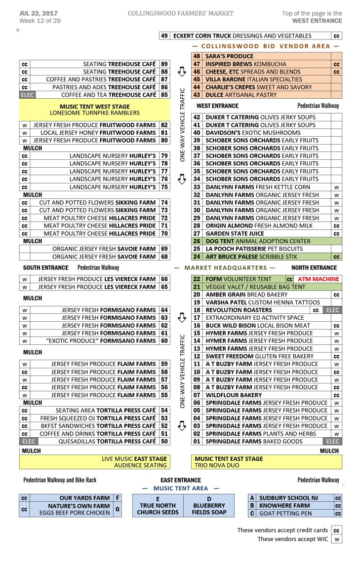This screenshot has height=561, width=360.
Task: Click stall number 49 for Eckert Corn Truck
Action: pyautogui.click(x=164, y=36)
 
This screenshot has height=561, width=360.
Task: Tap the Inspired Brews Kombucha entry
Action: pyautogui.click(x=245, y=64)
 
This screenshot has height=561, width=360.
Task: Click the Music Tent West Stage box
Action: pyautogui.click(x=94, y=110)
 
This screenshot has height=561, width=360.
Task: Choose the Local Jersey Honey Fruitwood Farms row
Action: pyautogui.click(x=94, y=133)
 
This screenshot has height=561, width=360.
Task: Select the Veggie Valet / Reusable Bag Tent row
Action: pyautogui.click(x=255, y=287)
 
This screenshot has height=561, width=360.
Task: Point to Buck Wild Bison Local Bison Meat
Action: pyautogui.click(x=258, y=326)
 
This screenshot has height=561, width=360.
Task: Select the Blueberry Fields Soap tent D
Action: pyautogui.click(x=209, y=505)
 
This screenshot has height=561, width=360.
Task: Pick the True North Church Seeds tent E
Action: pyautogui.click(x=158, y=505)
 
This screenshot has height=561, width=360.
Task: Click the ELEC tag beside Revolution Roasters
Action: pyautogui.click(x=330, y=310)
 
